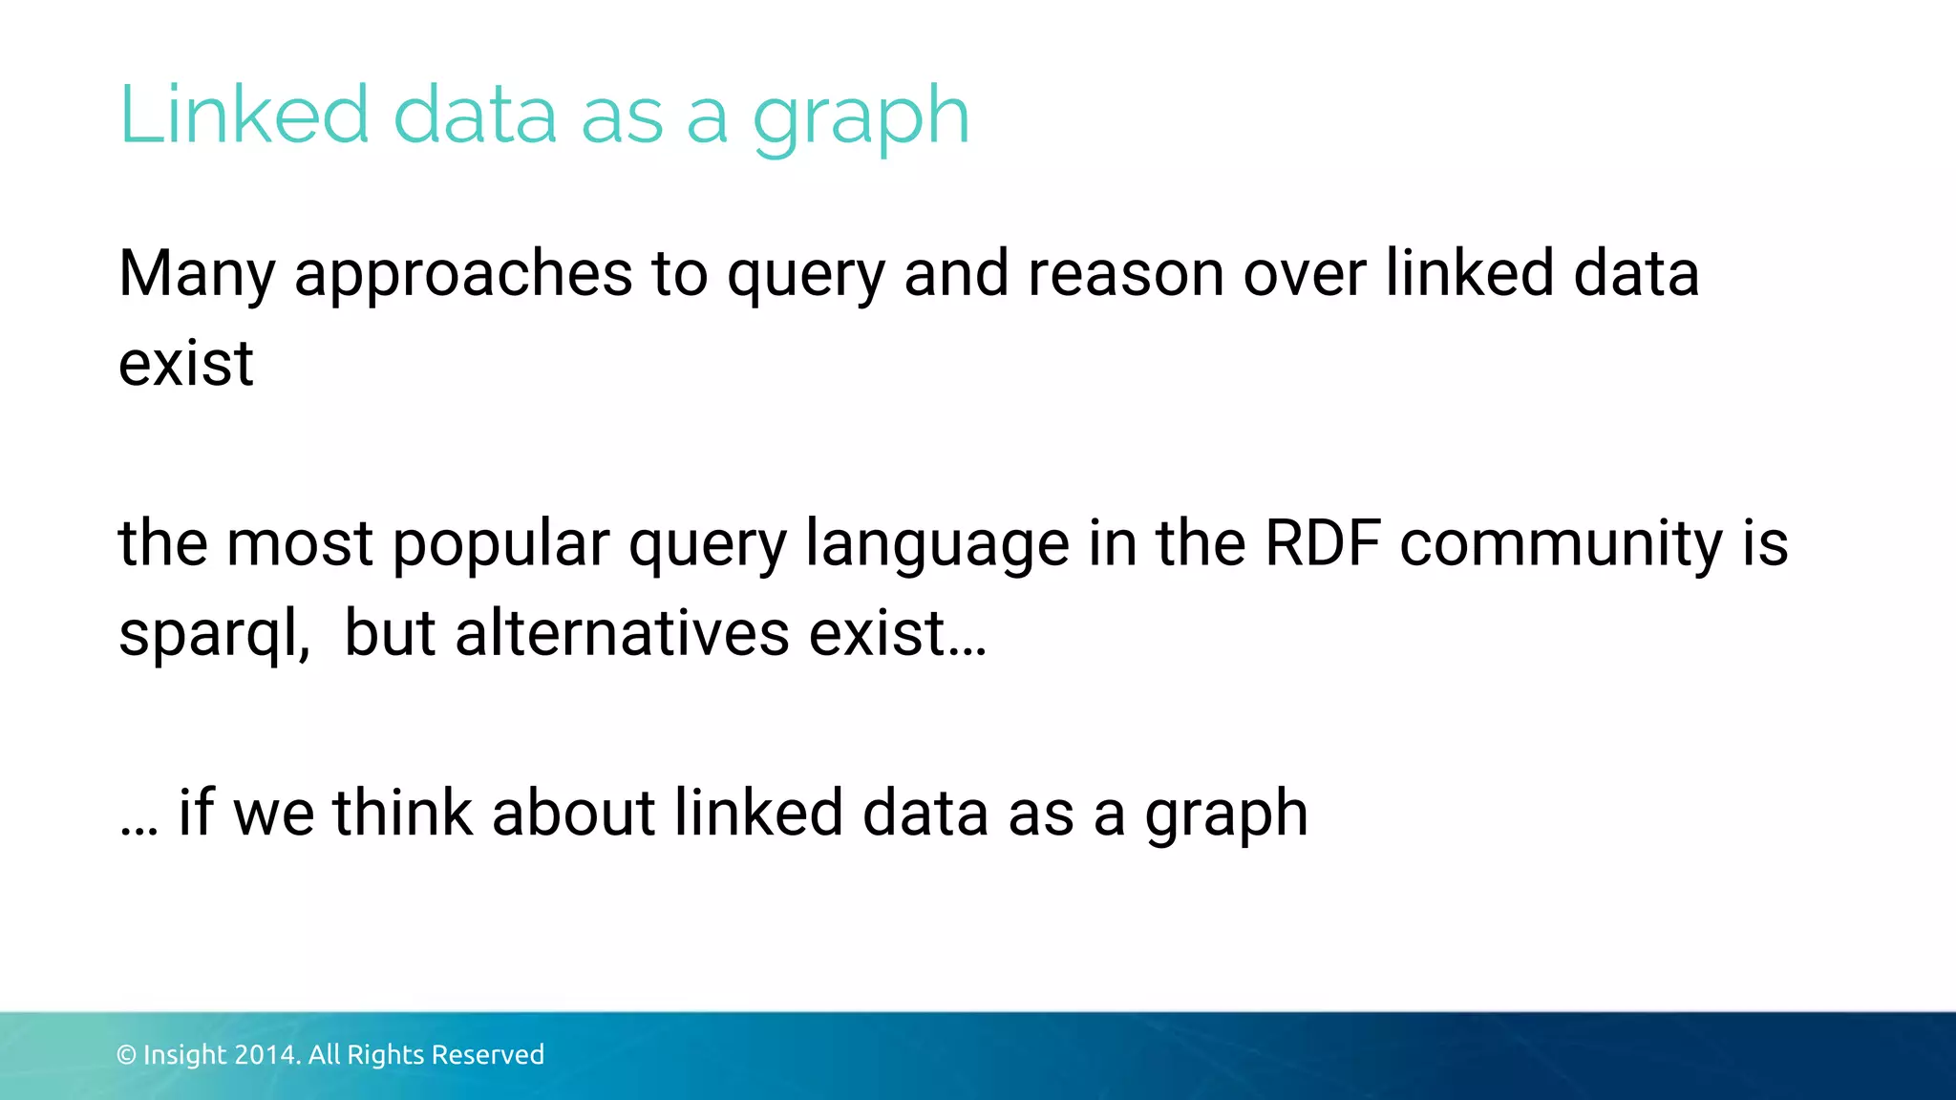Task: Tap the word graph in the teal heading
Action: point(861,119)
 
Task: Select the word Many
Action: point(197,275)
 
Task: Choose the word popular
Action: point(500,544)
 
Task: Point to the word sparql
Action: point(212,634)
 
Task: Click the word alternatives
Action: point(622,632)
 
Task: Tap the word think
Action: point(402,813)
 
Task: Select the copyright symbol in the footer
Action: point(126,1055)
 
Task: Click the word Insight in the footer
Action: point(185,1055)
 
